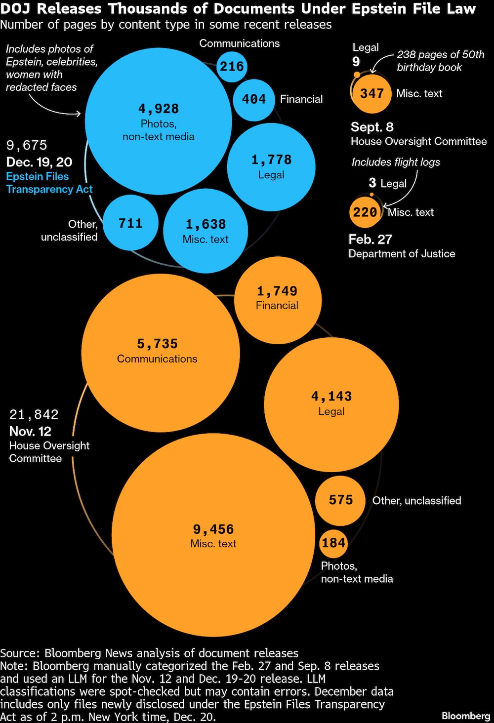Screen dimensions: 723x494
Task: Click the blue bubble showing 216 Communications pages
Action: pos(232,66)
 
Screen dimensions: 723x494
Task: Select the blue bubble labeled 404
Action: pos(254,99)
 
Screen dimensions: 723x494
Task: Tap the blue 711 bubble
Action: pos(130,223)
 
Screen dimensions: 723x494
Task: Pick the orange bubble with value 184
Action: pos(333,543)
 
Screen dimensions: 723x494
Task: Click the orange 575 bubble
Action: pos(341,500)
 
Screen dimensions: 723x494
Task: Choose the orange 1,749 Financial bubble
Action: pos(277,299)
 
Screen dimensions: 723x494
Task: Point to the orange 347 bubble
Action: pos(371,93)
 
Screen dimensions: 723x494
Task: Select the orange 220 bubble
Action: pos(365,212)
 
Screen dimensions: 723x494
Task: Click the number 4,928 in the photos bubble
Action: pos(158,109)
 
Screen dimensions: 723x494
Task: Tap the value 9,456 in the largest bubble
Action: pos(213,529)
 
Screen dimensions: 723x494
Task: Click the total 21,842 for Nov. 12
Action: pos(34,415)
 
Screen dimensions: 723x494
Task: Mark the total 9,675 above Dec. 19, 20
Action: pos(27,145)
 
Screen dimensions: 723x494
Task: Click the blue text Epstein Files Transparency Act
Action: pos(49,183)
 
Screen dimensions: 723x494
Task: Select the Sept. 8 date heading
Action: pos(372,127)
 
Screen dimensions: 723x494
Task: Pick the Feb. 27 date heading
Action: pos(370,240)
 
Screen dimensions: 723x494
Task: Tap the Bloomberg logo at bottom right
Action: pos(465,716)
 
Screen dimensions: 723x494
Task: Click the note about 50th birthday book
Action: pos(440,61)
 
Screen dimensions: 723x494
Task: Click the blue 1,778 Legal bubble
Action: pos(271,166)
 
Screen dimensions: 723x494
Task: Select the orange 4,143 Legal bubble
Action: pos(331,404)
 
